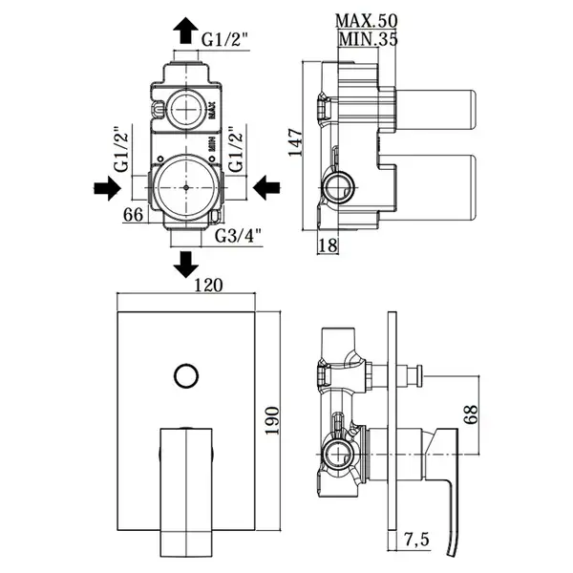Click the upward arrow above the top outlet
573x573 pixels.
pyautogui.click(x=185, y=31)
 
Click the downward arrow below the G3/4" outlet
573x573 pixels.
pyautogui.click(x=185, y=265)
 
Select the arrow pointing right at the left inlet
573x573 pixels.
pyautogui.click(x=107, y=188)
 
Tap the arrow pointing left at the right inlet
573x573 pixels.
pyautogui.click(x=266, y=188)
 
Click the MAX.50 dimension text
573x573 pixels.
pyautogui.click(x=366, y=21)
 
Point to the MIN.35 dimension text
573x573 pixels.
pyautogui.click(x=368, y=39)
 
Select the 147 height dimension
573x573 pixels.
pyautogui.click(x=295, y=142)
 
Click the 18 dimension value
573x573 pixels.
pyautogui.click(x=328, y=245)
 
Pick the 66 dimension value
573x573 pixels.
pyautogui.click(x=133, y=215)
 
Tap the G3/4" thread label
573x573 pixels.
pyautogui.click(x=238, y=236)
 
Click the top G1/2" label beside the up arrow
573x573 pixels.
pyautogui.click(x=225, y=39)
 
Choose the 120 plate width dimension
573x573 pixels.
pyautogui.click(x=207, y=286)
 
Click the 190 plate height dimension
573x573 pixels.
pyautogui.click(x=272, y=420)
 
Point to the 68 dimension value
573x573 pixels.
pyautogui.click(x=471, y=414)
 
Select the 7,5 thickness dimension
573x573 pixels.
pyautogui.click(x=416, y=540)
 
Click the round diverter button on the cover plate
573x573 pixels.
pyautogui.click(x=186, y=375)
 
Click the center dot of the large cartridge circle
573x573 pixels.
pyautogui.click(x=186, y=187)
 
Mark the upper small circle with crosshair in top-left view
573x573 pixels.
pyautogui.click(x=185, y=109)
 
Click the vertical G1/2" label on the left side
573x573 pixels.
pyautogui.click(x=122, y=149)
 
